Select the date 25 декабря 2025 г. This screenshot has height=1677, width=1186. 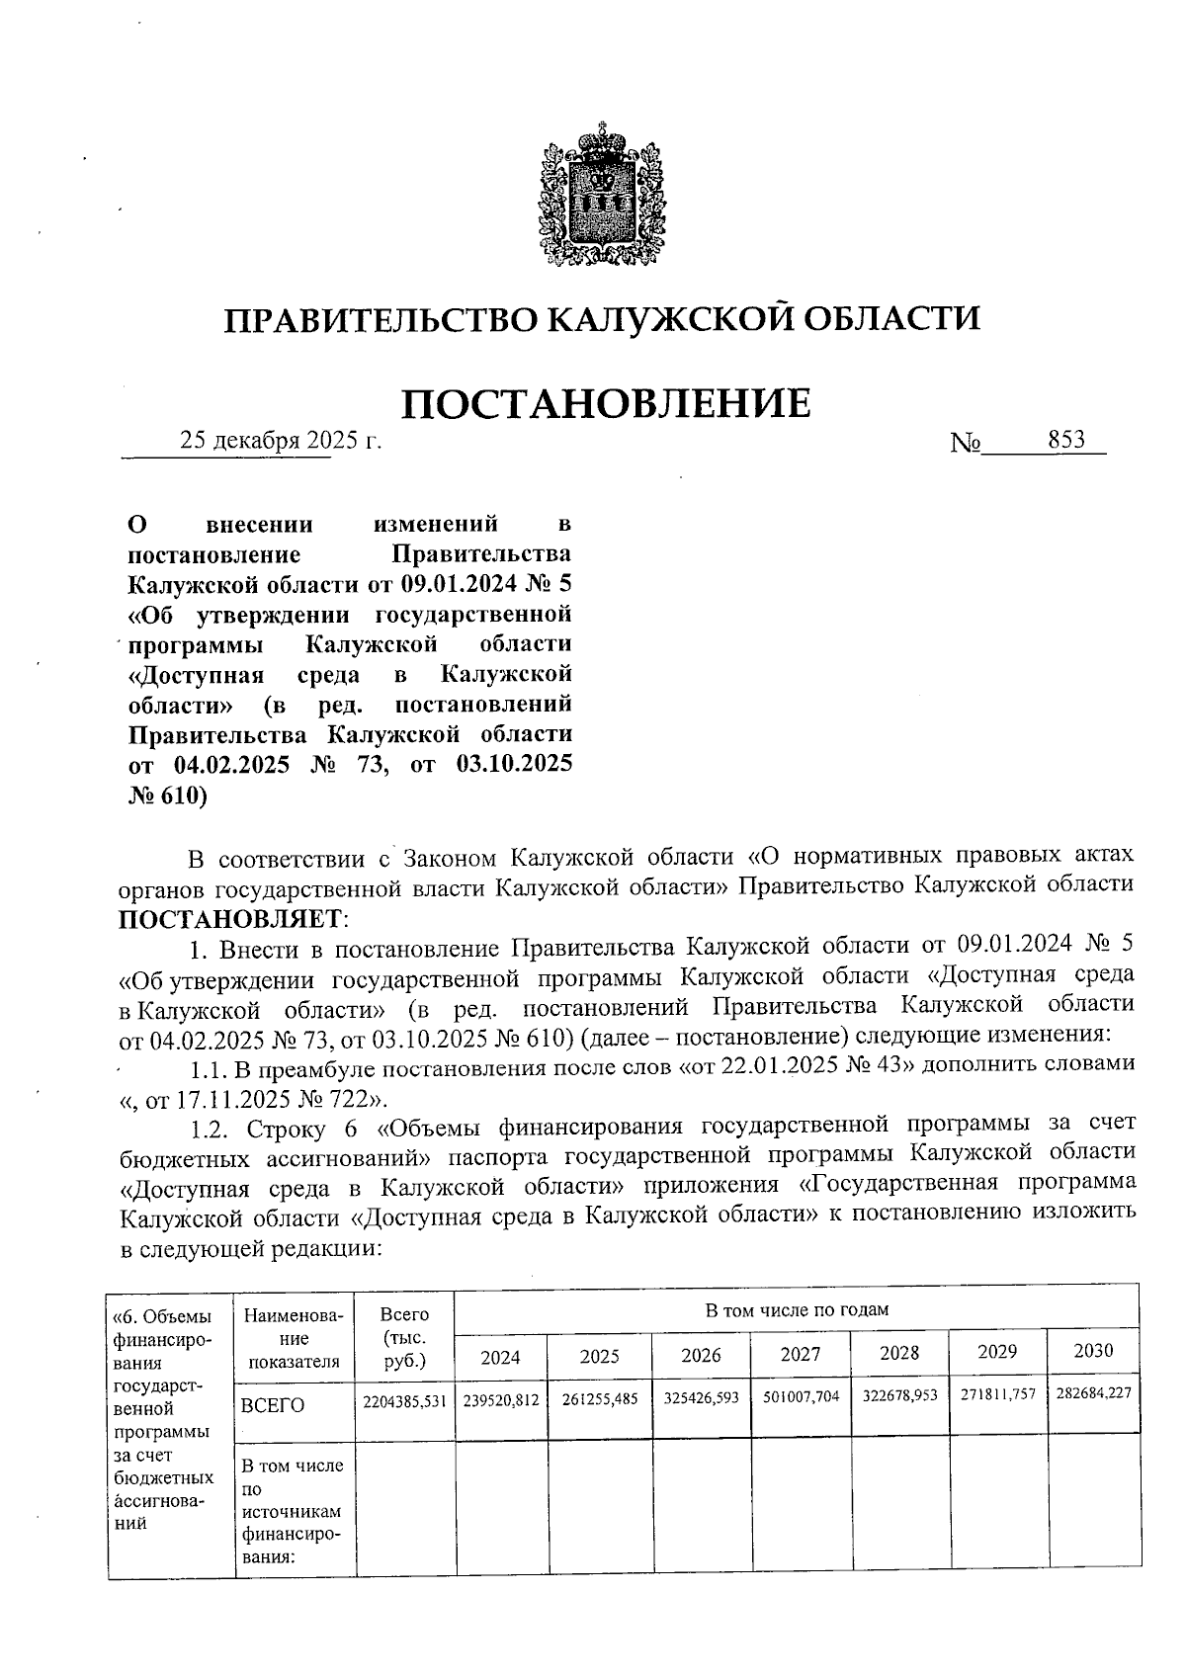coord(281,441)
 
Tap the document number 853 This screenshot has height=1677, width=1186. coord(1066,440)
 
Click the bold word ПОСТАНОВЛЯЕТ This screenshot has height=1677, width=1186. coord(229,918)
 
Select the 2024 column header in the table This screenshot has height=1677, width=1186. coord(500,1356)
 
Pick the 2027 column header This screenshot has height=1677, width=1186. coord(800,1354)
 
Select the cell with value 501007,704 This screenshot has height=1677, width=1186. coord(801,1398)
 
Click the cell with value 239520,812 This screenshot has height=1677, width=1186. coord(501,1400)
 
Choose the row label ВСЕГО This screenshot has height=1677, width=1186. coord(273,1405)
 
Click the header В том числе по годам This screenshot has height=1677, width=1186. coord(796,1310)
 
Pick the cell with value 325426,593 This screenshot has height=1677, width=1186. coord(701,1399)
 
